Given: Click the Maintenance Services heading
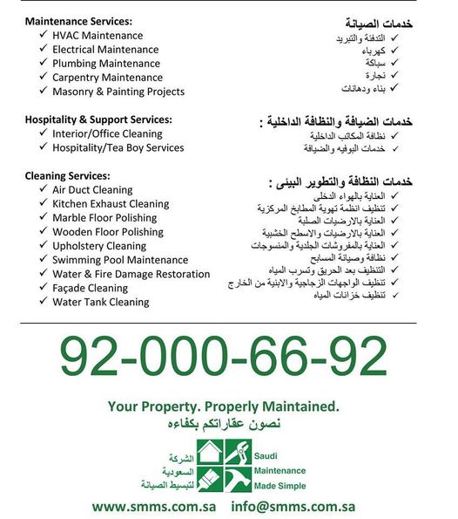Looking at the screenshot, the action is [78, 21].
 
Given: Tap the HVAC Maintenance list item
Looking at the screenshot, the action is [97, 36].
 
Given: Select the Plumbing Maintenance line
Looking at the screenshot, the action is [106, 64].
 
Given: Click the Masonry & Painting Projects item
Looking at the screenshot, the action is [118, 92].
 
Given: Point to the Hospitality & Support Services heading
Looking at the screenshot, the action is [98, 120].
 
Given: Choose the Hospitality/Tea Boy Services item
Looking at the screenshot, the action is [118, 147].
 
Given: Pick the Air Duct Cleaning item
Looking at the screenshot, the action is [92, 189].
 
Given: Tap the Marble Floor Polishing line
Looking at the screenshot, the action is [104, 217].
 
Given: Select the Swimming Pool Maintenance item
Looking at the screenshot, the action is [120, 260].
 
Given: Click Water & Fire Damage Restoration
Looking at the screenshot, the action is [131, 274].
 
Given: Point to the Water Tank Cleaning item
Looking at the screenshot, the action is [101, 302].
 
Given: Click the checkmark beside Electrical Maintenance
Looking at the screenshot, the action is [43, 50].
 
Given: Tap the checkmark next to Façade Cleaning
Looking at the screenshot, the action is [43, 288].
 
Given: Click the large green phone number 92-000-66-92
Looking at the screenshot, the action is [224, 357].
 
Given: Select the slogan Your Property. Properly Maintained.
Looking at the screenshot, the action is [223, 406].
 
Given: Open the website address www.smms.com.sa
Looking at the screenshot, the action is [154, 506].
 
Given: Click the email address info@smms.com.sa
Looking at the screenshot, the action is [293, 506].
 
